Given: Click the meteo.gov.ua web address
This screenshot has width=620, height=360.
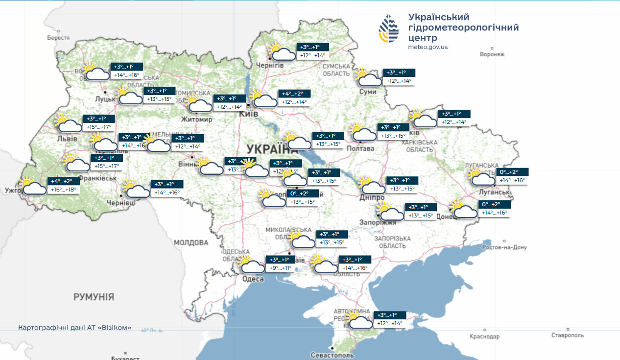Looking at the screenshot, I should [428, 47].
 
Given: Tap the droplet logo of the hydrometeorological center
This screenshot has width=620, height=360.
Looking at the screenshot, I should [388, 28].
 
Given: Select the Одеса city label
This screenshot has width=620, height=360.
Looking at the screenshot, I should [253, 279].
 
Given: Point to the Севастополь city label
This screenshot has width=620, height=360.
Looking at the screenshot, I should [332, 355].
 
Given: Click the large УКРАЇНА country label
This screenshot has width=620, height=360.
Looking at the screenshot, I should [269, 149].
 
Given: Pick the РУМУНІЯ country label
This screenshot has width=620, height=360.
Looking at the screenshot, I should [94, 297].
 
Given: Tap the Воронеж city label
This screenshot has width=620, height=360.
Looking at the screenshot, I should [492, 54].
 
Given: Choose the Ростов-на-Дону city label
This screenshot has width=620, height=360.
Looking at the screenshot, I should [504, 247].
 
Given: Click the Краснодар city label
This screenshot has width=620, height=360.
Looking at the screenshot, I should [484, 336].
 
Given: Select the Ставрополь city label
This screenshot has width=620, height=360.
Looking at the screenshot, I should [567, 336].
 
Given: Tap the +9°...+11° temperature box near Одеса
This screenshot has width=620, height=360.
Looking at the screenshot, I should [280, 268].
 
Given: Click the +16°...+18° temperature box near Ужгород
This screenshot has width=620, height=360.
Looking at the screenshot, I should [64, 190].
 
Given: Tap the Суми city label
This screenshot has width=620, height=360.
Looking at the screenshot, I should [367, 92].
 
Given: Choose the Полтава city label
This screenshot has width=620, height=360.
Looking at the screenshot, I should [360, 148].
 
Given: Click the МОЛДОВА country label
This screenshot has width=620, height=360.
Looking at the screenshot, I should [191, 242].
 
